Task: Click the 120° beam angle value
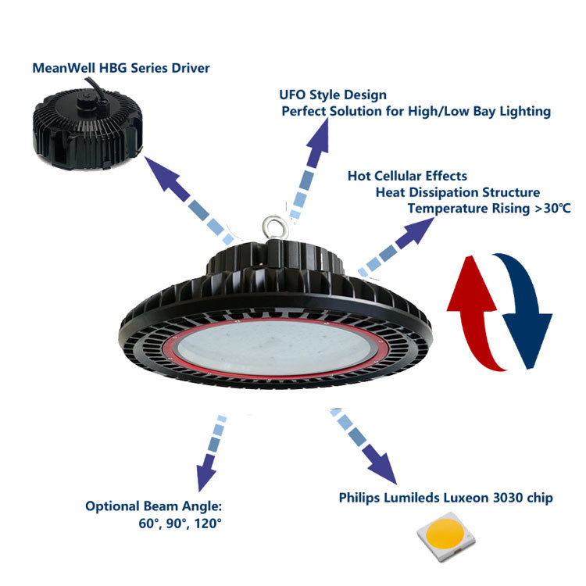[x=207, y=523]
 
